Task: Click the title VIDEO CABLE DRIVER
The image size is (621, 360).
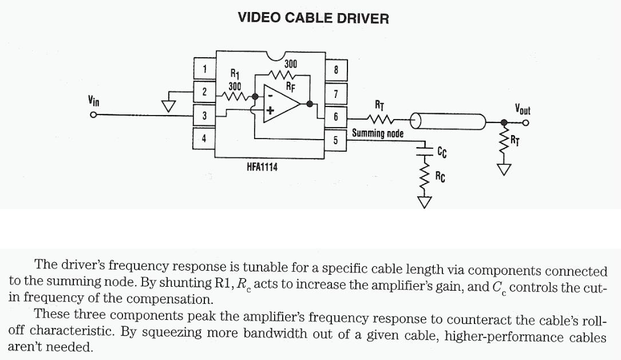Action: [x=313, y=18]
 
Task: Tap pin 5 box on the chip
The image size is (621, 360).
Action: [x=335, y=140]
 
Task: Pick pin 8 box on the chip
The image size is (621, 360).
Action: [x=336, y=70]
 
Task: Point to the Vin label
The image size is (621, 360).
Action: [x=93, y=101]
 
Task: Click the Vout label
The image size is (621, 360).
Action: [x=522, y=109]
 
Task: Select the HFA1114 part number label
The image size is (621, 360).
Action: [x=262, y=167]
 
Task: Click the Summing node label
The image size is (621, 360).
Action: [x=377, y=133]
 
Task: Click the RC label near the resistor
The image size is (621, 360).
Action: [x=440, y=177]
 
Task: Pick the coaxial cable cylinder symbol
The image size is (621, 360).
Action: [x=449, y=121]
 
